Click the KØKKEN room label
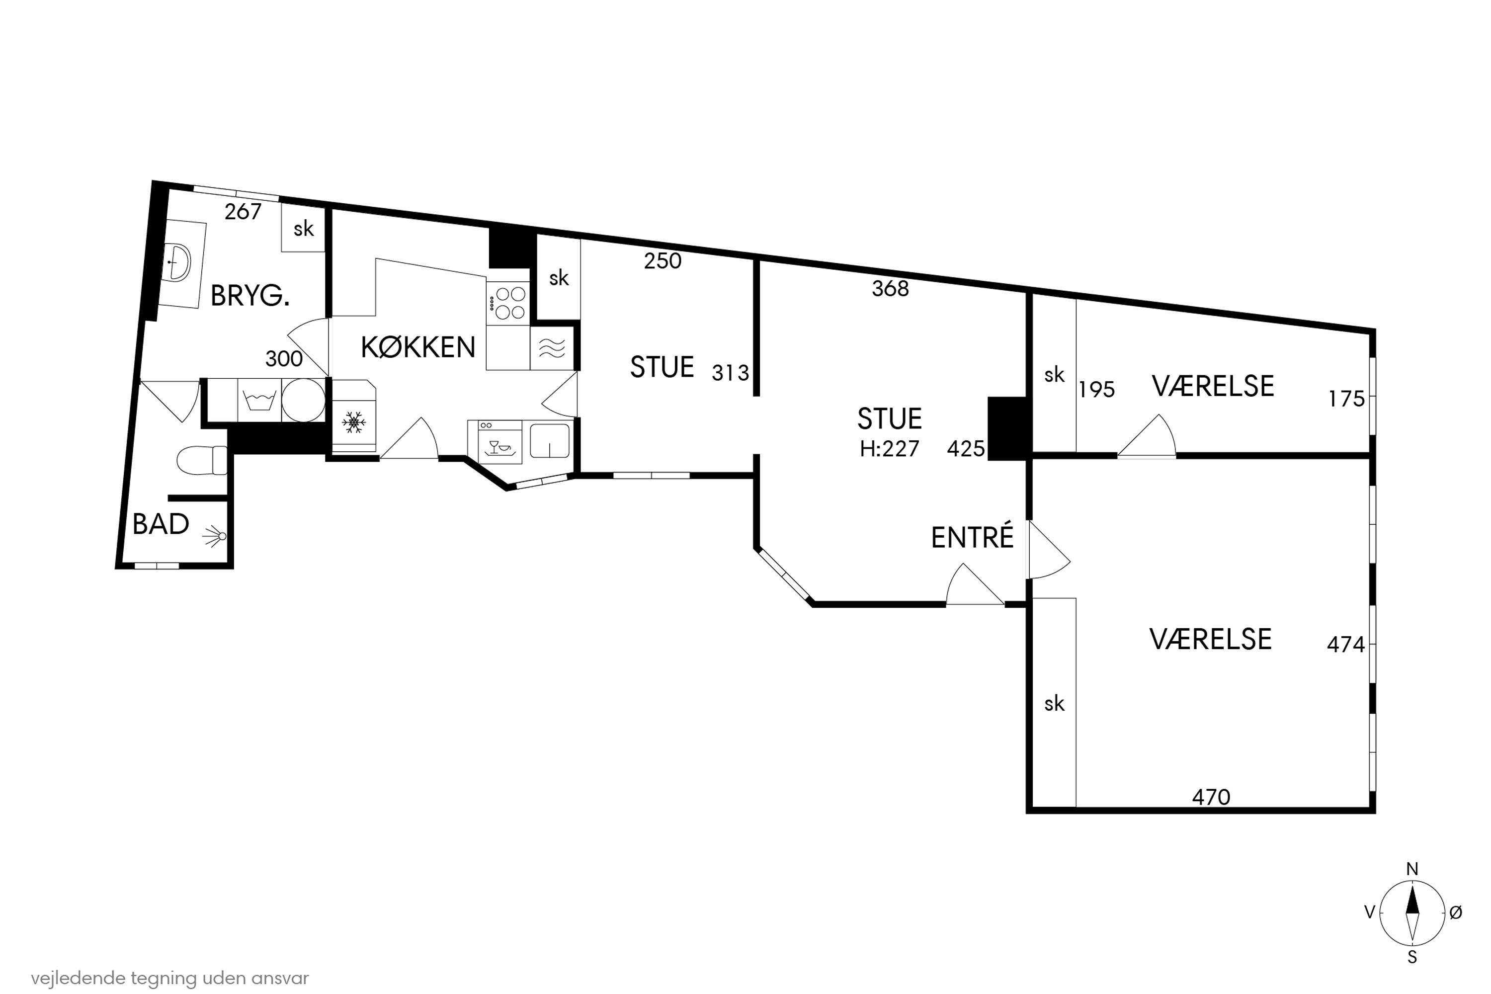(418, 347)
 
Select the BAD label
(161, 524)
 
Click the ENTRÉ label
(972, 538)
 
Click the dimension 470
(1211, 797)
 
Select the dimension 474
(1345, 645)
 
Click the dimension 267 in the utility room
(243, 212)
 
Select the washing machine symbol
(259, 401)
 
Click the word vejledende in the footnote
(78, 978)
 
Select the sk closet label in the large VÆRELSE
(1054, 704)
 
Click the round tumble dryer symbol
(303, 401)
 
